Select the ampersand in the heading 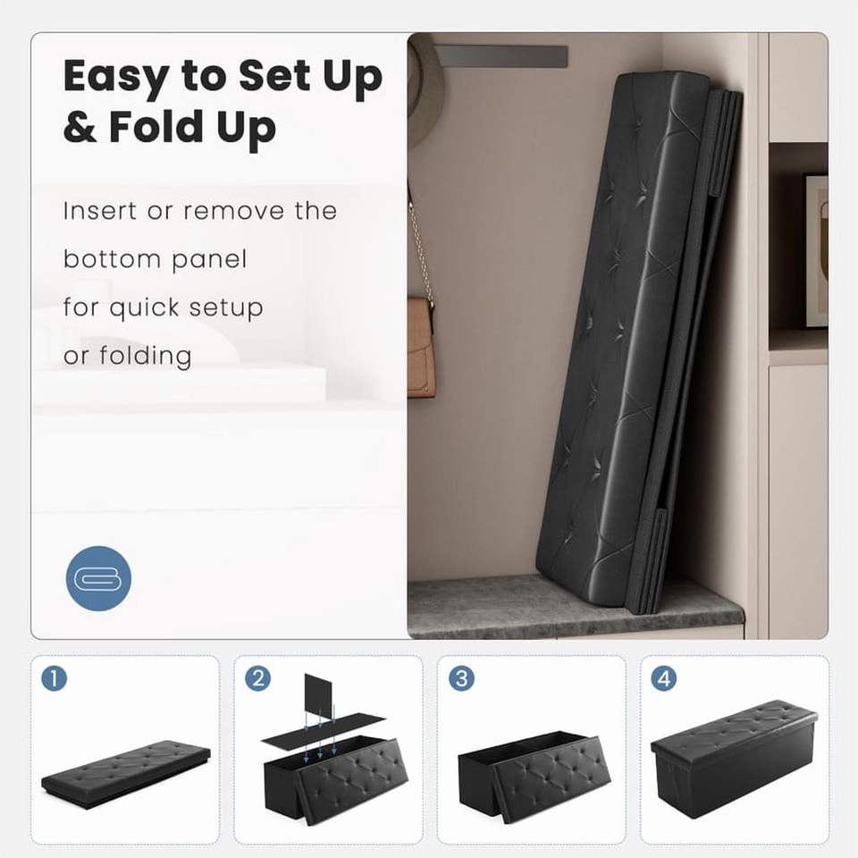[x=80, y=127]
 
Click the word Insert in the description [x=99, y=211]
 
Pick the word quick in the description [x=144, y=308]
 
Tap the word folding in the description [x=146, y=357]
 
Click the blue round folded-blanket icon [x=98, y=578]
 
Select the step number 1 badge [x=55, y=678]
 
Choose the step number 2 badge [x=257, y=678]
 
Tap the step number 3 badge [x=461, y=678]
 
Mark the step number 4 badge [x=664, y=678]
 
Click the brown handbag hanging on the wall [x=422, y=347]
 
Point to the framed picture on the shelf [x=816, y=250]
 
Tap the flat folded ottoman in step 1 [x=126, y=773]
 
